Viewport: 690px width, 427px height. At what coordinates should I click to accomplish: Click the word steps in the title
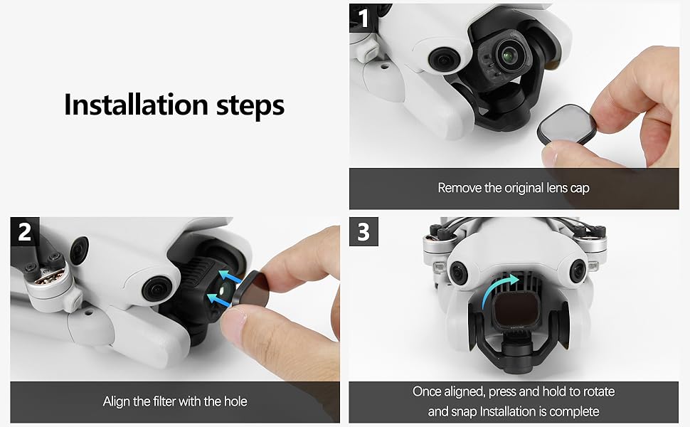pyautogui.click(x=245, y=105)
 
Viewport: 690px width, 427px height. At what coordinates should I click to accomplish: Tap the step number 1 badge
pyautogui.click(x=363, y=18)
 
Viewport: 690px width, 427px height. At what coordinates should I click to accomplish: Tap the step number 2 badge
pyautogui.click(x=25, y=231)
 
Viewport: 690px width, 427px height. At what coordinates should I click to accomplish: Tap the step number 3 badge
pyautogui.click(x=363, y=231)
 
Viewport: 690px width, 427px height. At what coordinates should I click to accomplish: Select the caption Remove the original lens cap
pyautogui.click(x=514, y=189)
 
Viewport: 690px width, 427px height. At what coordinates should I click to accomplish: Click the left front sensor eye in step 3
pyautogui.click(x=455, y=268)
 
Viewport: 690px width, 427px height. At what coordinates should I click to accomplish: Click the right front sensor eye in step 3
pyautogui.click(x=577, y=268)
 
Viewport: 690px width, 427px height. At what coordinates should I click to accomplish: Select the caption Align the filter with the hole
pyautogui.click(x=175, y=401)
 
